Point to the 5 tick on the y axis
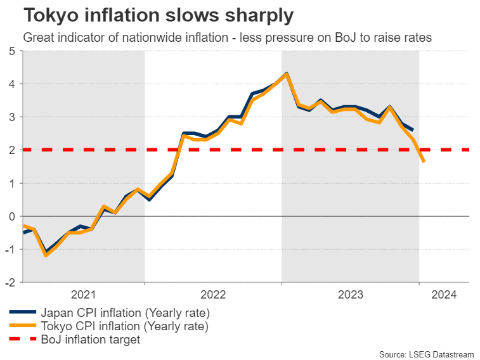(12, 51)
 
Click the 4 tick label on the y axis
(12, 84)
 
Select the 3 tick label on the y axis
(12, 117)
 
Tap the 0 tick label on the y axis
(12, 216)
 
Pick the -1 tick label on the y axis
(11, 249)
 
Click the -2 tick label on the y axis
(11, 282)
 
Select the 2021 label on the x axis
(84, 294)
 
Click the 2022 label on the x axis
(213, 294)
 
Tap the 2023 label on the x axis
(351, 294)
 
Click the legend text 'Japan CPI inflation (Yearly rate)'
(125, 312)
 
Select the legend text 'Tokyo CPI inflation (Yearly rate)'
(124, 326)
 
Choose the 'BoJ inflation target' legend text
(90, 340)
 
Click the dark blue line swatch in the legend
(22, 312)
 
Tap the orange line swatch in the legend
(22, 326)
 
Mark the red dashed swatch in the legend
(22, 340)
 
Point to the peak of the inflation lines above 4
(287, 74)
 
